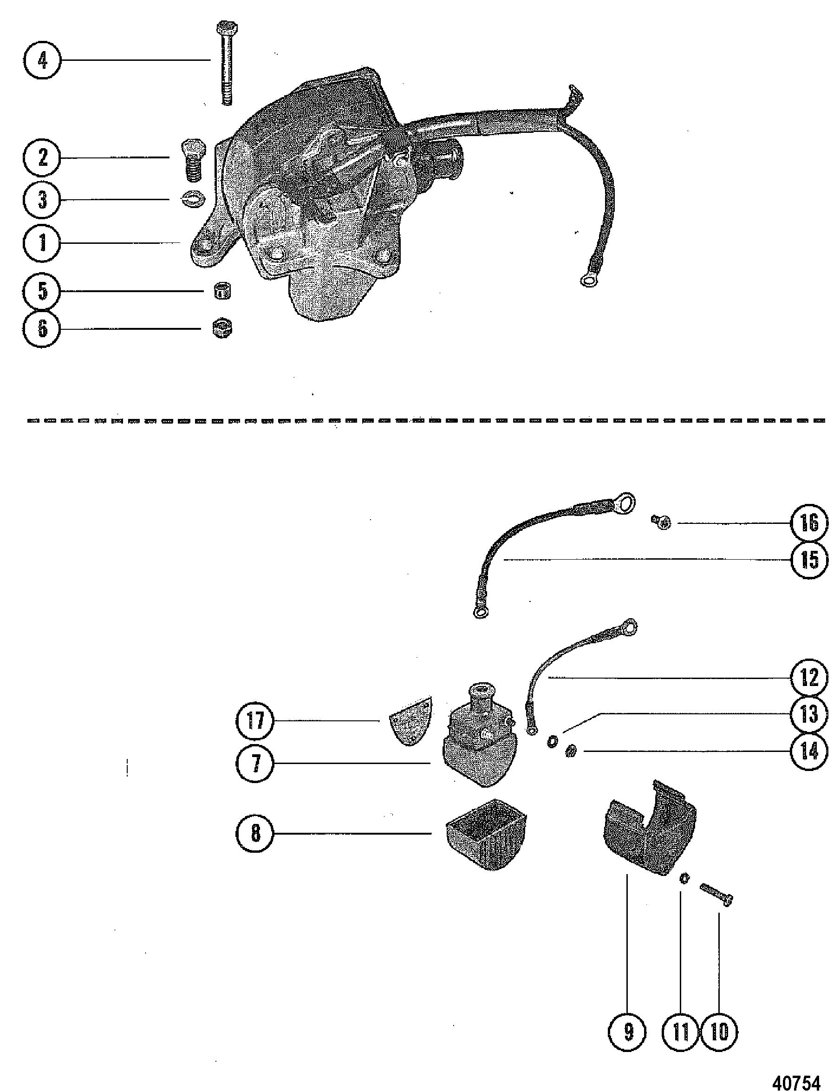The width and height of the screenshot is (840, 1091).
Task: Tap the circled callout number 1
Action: [x=43, y=243]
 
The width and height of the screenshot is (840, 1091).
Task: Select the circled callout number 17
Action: [x=255, y=721]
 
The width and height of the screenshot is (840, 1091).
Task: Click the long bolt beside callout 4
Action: [x=227, y=63]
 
